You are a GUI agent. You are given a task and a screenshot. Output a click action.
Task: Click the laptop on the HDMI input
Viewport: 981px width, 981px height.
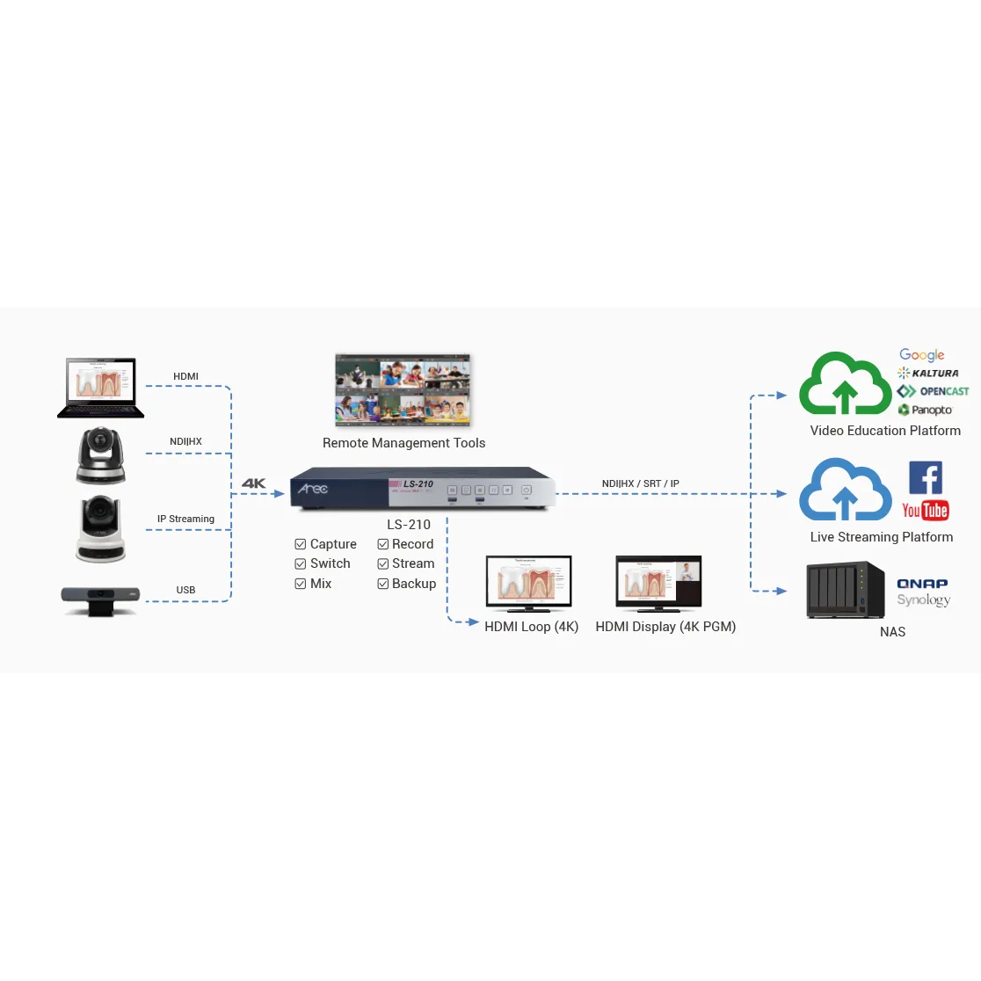click(x=101, y=388)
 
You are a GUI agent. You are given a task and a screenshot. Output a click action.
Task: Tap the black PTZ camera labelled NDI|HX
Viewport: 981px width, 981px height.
click(x=101, y=455)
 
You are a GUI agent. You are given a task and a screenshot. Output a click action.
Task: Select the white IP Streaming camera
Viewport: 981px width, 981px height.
click(x=101, y=528)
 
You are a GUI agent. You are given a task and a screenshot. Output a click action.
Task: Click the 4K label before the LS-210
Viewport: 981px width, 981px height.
click(x=253, y=483)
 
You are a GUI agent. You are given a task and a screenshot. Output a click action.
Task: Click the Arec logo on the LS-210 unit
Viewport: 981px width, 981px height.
click(x=313, y=489)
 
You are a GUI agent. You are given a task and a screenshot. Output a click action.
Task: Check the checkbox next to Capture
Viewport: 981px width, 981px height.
click(x=301, y=544)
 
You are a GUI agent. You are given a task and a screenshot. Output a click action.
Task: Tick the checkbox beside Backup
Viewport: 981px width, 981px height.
click(x=383, y=584)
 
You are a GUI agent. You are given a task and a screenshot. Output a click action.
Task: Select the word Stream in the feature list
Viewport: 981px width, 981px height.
click(x=413, y=563)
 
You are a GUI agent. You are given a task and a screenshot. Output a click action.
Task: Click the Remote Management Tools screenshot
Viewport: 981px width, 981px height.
click(x=403, y=389)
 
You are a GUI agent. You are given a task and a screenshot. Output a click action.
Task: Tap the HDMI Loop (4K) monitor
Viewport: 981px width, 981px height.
click(x=529, y=584)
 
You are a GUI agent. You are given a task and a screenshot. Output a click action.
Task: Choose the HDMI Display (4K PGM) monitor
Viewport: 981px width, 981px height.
click(x=658, y=584)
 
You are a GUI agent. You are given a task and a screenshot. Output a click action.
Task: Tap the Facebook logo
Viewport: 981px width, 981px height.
click(x=925, y=478)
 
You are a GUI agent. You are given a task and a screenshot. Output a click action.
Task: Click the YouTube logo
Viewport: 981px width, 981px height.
click(x=925, y=511)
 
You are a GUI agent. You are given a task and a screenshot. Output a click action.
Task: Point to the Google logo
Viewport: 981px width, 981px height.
click(x=922, y=355)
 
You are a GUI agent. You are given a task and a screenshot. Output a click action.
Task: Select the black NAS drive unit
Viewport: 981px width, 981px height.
click(x=845, y=590)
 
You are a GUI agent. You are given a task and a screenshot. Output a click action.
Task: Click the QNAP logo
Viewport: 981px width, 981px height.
click(x=922, y=583)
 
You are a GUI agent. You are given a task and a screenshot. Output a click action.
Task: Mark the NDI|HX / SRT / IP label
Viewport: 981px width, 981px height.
click(x=640, y=483)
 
